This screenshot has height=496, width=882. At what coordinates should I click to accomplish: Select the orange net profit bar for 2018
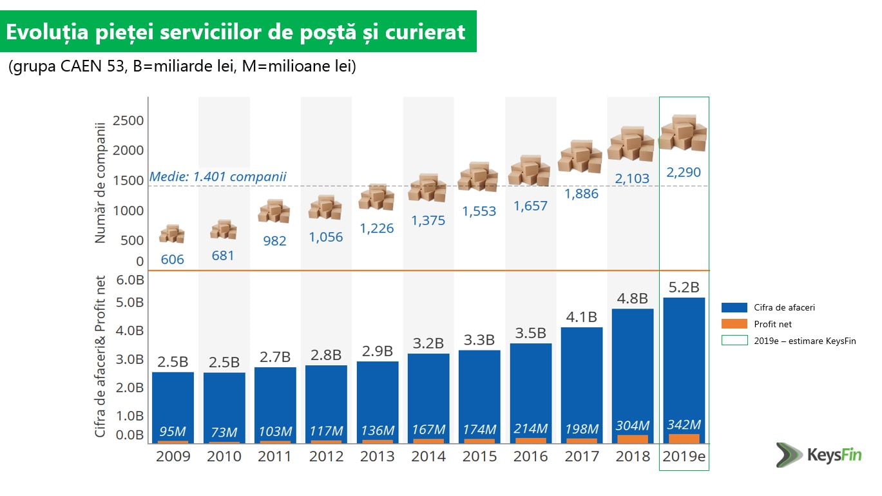[633, 439]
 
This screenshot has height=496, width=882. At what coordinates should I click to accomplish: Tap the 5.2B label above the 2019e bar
[684, 287]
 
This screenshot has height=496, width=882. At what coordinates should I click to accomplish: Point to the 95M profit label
[173, 432]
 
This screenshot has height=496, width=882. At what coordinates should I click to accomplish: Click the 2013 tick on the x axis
[377, 456]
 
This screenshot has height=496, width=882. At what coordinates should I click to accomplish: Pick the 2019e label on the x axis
[684, 456]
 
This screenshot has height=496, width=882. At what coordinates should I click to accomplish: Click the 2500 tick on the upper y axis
[128, 120]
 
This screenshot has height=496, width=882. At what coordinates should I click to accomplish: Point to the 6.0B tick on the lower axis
[130, 280]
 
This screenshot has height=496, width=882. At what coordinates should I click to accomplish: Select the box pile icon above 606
[172, 234]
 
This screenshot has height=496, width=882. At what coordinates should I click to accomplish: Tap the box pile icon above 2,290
[683, 133]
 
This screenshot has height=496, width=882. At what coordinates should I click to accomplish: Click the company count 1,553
[479, 211]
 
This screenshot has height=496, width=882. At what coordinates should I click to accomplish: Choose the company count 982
[274, 241]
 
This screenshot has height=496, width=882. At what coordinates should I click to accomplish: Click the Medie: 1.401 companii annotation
[218, 176]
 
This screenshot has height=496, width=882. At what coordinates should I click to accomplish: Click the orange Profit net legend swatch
[734, 325]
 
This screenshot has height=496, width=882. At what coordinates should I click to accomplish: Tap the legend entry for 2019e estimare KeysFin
[804, 341]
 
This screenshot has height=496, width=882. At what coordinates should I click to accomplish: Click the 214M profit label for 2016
[530, 429]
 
